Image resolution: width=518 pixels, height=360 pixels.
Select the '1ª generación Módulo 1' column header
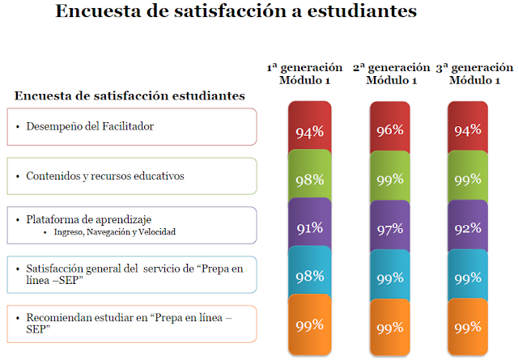click(305, 74)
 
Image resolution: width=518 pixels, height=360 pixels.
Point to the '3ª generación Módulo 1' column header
click(473, 74)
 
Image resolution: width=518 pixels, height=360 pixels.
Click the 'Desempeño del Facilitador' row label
click(90, 127)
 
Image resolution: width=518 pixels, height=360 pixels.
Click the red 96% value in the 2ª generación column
click(390, 129)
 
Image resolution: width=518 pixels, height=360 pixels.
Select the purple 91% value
click(310, 229)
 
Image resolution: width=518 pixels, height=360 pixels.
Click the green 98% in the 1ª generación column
click(310, 180)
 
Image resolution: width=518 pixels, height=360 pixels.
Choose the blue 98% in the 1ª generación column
click(310, 277)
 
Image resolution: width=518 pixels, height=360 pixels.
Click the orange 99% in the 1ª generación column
click(310, 325)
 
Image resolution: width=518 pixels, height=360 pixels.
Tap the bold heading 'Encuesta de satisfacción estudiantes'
click(129, 96)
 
